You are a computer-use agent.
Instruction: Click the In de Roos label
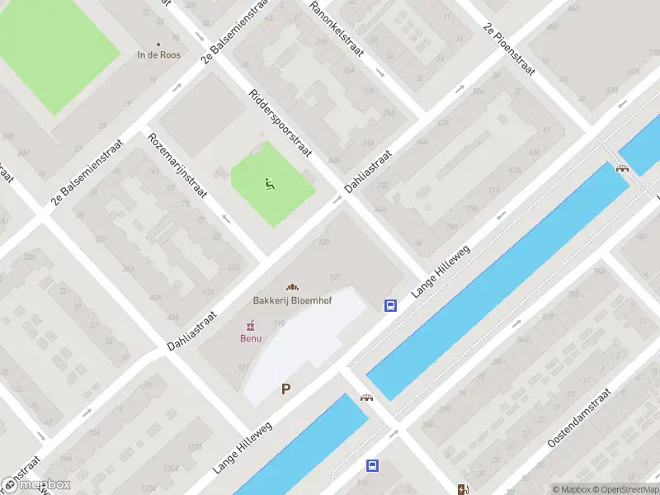[x=158, y=55]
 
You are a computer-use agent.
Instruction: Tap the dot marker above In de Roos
[x=158, y=45]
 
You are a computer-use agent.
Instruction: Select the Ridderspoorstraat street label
[x=279, y=122]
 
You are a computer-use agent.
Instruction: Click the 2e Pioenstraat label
[x=510, y=49]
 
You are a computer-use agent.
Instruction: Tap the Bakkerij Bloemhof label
[x=292, y=300]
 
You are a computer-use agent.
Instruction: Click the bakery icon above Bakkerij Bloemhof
[x=292, y=287]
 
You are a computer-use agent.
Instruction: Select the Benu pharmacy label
[x=251, y=338]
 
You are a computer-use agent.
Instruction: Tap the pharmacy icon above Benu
[x=251, y=326]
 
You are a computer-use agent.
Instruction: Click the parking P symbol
[x=286, y=389]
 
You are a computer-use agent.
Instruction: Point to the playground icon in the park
[x=269, y=183]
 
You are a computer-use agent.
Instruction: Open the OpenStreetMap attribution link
[x=625, y=489]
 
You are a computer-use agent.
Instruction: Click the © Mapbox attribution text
[x=572, y=489]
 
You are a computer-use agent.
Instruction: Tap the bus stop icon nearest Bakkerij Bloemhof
[x=390, y=305]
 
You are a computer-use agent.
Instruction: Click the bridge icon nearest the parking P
[x=366, y=397]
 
